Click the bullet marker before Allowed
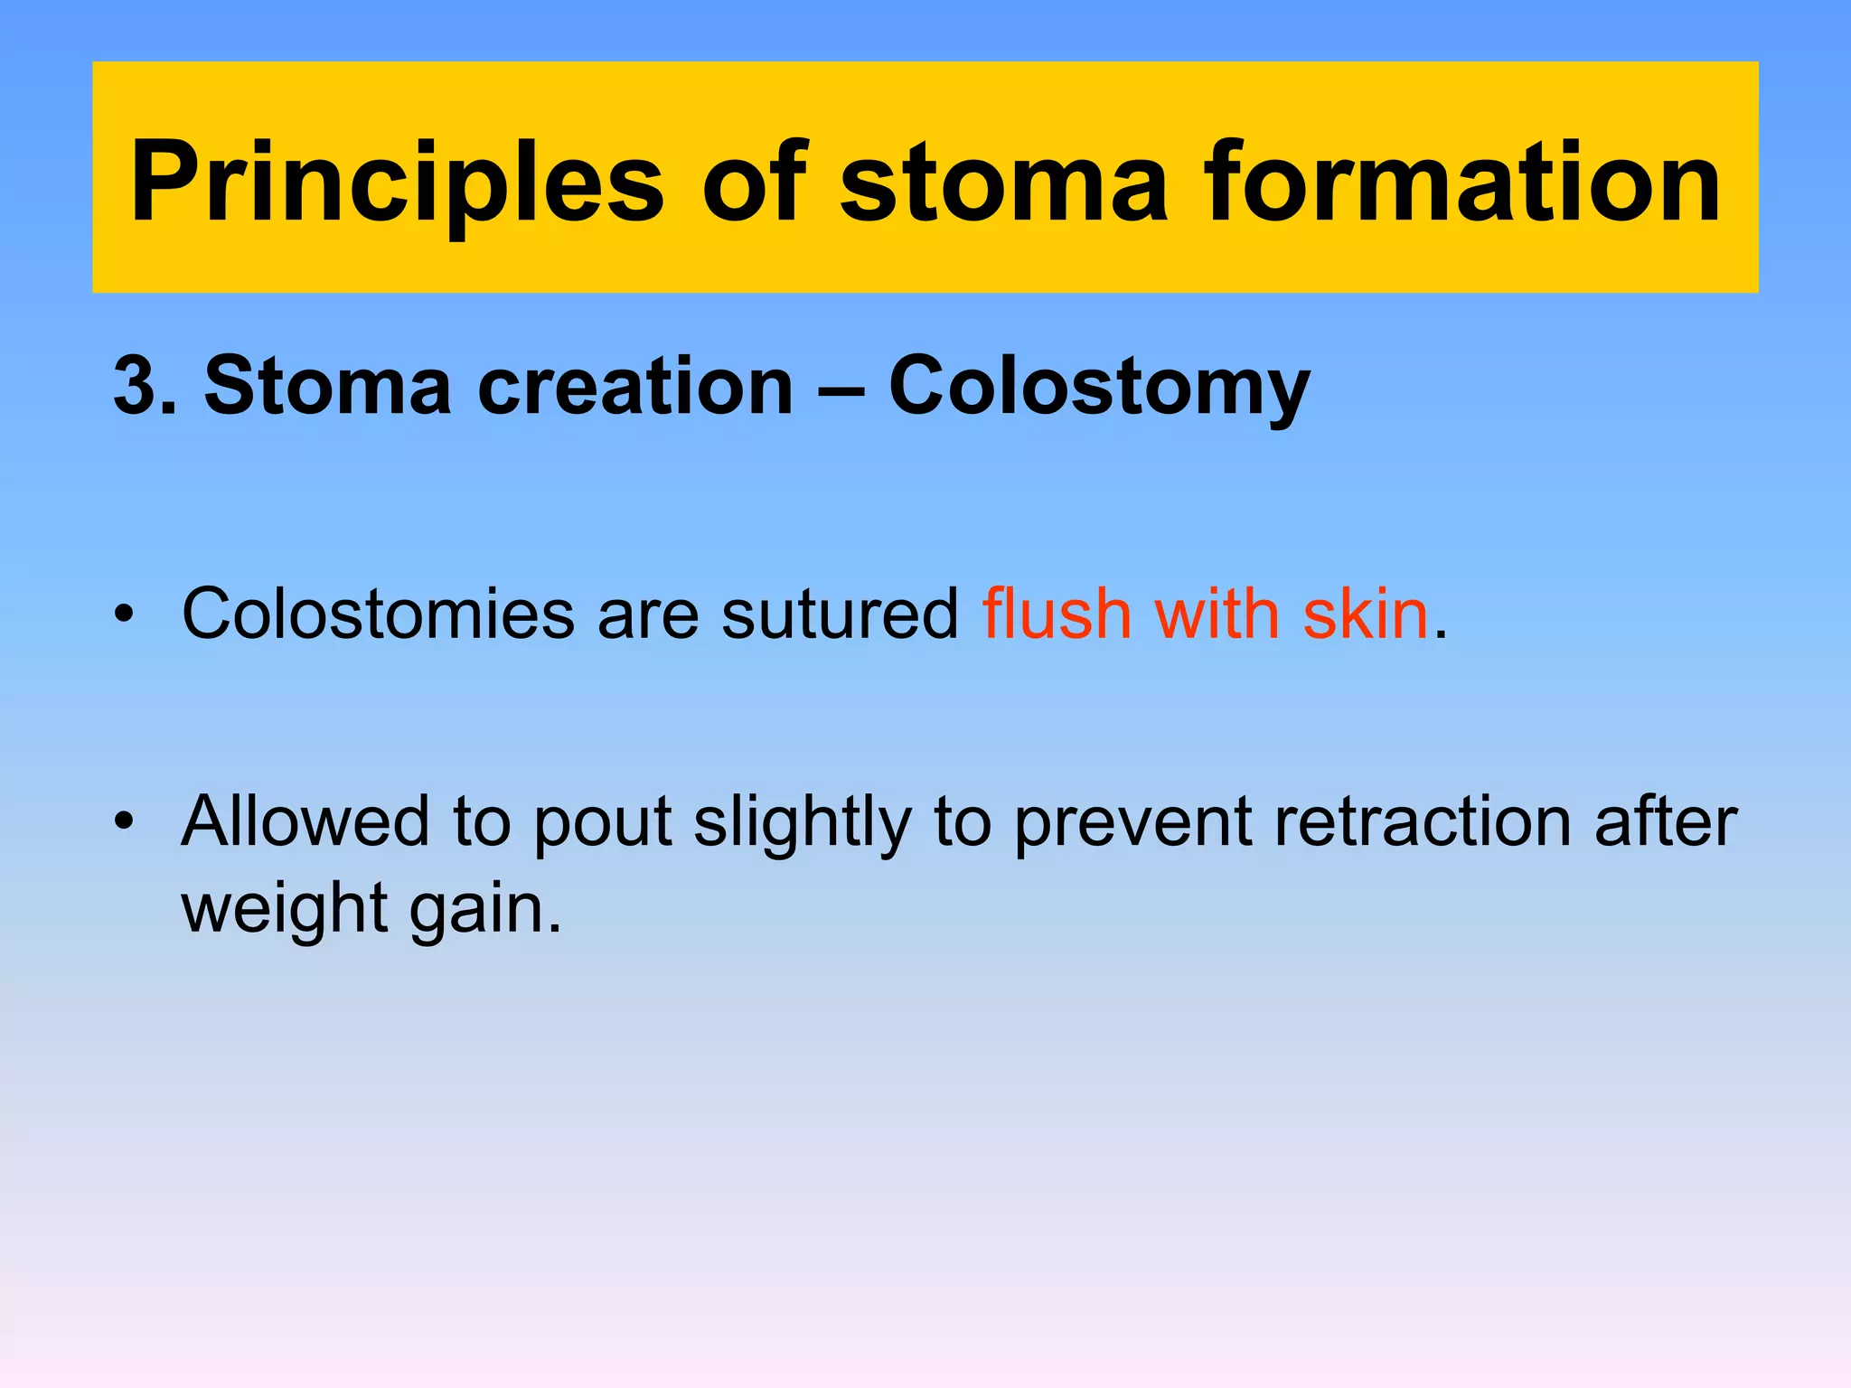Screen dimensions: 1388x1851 click(x=124, y=822)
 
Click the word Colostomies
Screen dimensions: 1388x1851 click(x=378, y=614)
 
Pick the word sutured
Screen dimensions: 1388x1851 click(x=840, y=614)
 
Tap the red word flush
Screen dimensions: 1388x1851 click(x=1057, y=614)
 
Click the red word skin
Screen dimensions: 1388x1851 click(x=1365, y=614)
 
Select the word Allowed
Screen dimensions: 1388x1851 click(x=305, y=821)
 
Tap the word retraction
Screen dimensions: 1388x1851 click(x=1423, y=821)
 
